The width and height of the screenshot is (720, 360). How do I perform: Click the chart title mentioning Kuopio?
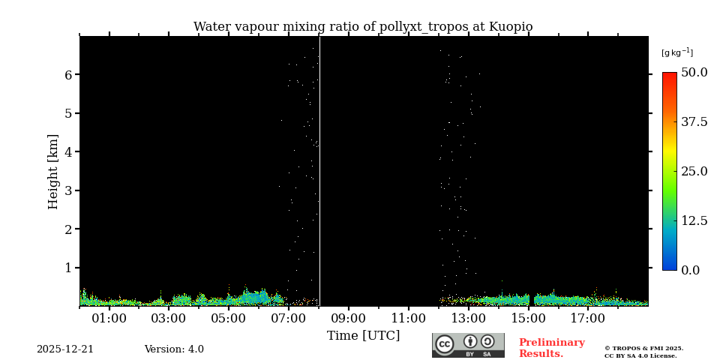[363, 27]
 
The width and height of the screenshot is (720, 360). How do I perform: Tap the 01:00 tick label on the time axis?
[109, 319]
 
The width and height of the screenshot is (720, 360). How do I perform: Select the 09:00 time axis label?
[349, 319]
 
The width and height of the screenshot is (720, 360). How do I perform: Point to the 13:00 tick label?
[468, 319]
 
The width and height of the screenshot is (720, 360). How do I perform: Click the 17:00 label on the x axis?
[588, 319]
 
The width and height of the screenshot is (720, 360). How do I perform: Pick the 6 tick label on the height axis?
[67, 75]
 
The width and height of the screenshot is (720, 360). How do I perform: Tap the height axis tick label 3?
[67, 190]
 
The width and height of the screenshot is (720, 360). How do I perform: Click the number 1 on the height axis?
[67, 268]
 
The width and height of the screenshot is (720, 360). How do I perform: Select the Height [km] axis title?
[53, 171]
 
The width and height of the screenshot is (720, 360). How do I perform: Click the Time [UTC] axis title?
[363, 336]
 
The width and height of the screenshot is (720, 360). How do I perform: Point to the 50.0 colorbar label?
[694, 73]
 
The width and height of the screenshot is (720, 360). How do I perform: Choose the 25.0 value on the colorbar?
[694, 171]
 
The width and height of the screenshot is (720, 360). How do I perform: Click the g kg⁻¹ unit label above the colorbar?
[676, 52]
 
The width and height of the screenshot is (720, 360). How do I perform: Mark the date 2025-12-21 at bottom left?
[65, 349]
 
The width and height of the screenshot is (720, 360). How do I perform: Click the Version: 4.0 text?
[174, 349]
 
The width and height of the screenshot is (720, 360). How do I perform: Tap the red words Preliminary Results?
[551, 348]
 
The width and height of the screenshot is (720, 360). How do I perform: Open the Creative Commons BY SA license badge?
[468, 345]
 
